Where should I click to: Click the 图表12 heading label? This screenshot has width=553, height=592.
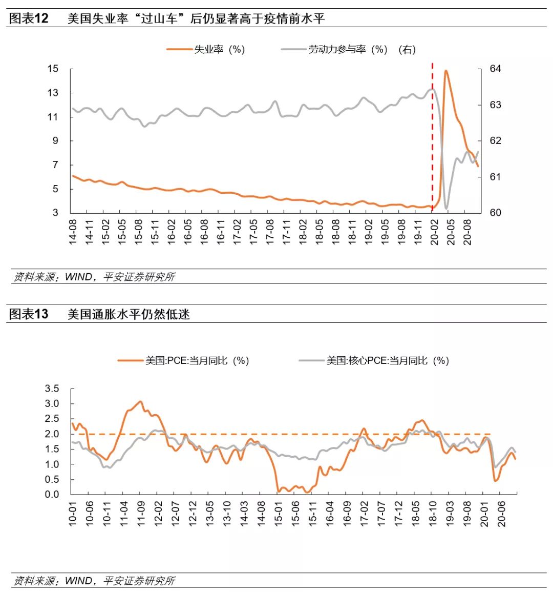(x=29, y=19)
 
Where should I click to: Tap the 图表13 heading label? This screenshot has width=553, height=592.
(x=29, y=314)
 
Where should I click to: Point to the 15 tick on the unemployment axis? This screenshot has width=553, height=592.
(x=53, y=69)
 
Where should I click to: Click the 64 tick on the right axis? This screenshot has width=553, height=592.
(x=495, y=69)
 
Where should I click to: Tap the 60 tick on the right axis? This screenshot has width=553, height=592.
(x=495, y=213)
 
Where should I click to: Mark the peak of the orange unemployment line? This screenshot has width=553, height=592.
(x=446, y=71)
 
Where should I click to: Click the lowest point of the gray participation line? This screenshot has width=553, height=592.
(x=446, y=208)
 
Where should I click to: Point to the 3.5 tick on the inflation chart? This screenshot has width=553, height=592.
(x=52, y=389)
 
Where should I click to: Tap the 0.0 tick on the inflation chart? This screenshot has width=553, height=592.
(x=52, y=495)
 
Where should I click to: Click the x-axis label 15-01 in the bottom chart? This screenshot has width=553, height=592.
(x=278, y=513)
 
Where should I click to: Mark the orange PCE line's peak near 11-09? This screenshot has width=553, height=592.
(x=140, y=401)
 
